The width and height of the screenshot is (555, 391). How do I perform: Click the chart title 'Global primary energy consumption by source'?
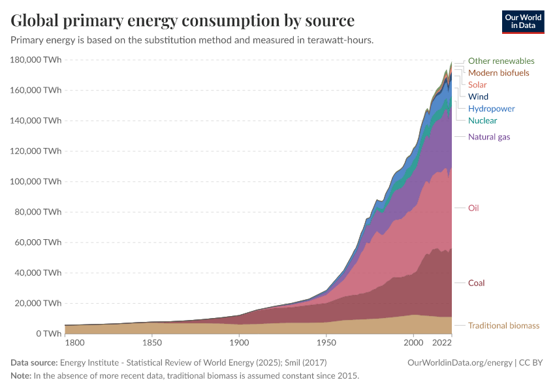[x=183, y=20]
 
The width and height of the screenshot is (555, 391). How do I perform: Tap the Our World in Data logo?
[x=522, y=22]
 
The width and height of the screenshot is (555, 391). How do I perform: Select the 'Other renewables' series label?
[x=501, y=61]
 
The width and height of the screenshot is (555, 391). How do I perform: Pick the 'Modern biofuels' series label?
[x=498, y=72]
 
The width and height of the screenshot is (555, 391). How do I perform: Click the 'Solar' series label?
[x=477, y=85]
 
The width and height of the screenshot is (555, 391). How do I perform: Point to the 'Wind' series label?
[x=478, y=96]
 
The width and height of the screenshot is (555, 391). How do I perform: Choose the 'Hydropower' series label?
[x=491, y=109]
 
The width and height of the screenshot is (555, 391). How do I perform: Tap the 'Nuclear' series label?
[x=483, y=121]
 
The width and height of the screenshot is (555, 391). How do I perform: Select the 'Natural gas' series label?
[x=489, y=137]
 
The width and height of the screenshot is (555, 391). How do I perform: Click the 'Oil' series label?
[x=473, y=208]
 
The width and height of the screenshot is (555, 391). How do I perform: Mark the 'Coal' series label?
[x=476, y=283]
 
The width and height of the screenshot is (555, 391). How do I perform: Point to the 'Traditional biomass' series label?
[x=503, y=325]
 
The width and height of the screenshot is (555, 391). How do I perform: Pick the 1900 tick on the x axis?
[x=239, y=343]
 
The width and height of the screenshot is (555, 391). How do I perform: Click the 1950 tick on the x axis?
[x=326, y=343]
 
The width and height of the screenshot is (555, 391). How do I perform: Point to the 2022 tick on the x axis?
[x=442, y=343]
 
